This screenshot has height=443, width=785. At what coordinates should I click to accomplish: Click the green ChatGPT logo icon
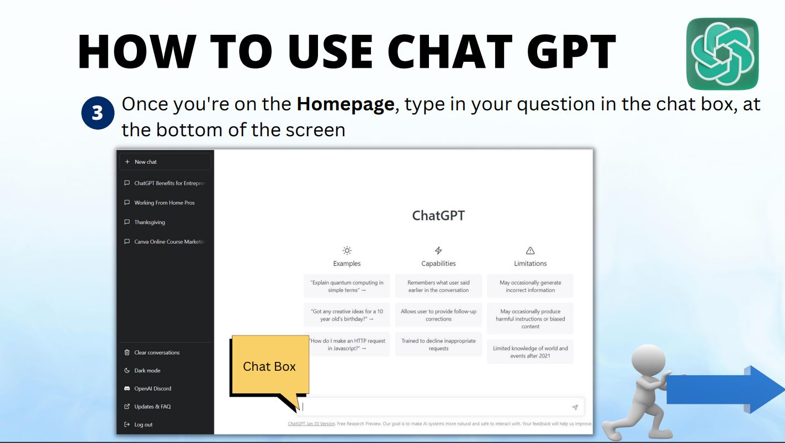coord(722,54)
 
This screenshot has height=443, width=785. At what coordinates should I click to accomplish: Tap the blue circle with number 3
coord(97,113)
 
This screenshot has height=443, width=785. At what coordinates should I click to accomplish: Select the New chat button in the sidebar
coord(165,162)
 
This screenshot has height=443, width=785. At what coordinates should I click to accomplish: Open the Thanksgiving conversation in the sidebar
coord(149,222)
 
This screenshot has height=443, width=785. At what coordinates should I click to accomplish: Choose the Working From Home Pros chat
coord(164,202)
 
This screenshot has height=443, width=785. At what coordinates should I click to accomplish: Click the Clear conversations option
coord(156,353)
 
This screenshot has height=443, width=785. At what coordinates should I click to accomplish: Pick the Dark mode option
coord(147,371)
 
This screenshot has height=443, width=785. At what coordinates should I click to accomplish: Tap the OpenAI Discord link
coord(152,388)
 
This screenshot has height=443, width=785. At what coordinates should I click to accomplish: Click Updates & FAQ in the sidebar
coord(152,407)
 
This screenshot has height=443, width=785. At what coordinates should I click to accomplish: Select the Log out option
coord(143,425)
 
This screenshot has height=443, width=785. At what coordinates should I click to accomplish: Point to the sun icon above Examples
coord(347,250)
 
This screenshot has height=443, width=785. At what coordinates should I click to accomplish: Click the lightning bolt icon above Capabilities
coord(438,250)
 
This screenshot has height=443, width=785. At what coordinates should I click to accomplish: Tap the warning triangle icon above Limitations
coord(530,250)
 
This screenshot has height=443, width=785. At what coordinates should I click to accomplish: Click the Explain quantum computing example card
coord(347,286)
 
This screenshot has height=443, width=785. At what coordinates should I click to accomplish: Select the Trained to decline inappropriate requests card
coord(438,344)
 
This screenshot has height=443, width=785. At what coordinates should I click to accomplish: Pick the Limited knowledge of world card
coord(530,352)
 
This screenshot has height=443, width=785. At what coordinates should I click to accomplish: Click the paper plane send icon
coord(575,407)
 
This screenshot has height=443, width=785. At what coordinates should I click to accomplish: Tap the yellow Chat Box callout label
coord(269,366)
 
